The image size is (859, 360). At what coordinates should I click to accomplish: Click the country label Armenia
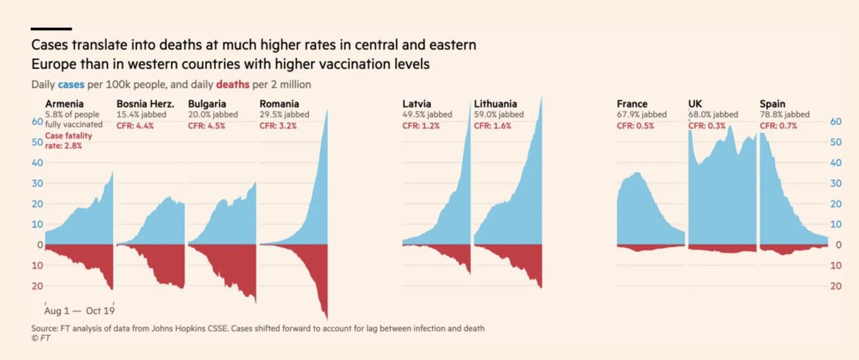64,104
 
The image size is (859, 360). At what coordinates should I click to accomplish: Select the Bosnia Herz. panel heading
144,104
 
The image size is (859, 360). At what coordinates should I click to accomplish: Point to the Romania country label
280,104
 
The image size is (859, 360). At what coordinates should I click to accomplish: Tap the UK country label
696,104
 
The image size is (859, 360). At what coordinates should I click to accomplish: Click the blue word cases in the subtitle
71,84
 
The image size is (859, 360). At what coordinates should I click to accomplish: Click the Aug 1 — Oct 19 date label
79,311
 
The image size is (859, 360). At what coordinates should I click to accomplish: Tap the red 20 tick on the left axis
35,286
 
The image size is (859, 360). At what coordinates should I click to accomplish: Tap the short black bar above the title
51,29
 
